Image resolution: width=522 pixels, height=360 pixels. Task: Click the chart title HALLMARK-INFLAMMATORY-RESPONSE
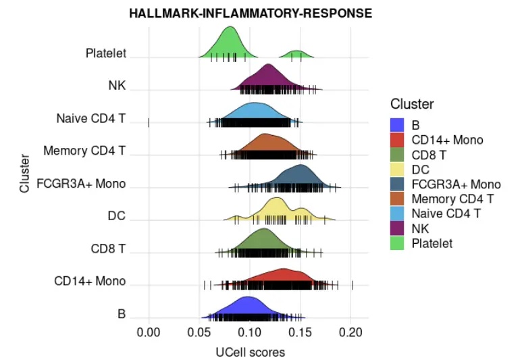point(251,13)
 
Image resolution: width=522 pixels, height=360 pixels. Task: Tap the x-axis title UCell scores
point(250,352)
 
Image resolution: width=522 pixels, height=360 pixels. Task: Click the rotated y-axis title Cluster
point(25,174)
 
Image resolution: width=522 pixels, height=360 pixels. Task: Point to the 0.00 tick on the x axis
point(148,332)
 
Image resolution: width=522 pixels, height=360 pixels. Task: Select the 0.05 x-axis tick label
point(199,332)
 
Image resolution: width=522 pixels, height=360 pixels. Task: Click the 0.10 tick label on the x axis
point(250,332)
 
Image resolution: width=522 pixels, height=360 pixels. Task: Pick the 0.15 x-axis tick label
point(301,332)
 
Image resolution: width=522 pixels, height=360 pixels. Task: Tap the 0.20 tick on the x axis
point(351,332)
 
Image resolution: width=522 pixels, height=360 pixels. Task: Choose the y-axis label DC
point(117,216)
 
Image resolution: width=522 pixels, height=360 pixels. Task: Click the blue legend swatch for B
point(398,125)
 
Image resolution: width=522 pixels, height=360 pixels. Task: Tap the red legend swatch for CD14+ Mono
point(398,140)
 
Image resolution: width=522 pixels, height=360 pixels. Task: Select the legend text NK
point(420,228)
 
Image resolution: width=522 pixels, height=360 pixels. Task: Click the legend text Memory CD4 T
point(452,199)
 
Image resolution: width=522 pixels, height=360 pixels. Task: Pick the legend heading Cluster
point(412,104)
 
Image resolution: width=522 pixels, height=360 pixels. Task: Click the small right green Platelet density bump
point(296,54)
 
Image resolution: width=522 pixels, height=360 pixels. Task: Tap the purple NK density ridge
point(269,78)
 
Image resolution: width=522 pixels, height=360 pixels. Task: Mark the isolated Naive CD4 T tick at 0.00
point(148,122)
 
